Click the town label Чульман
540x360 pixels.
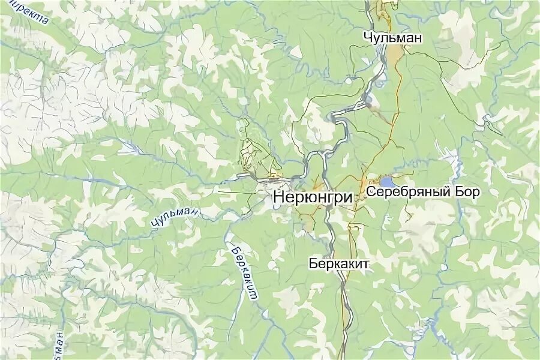click(x=392, y=38)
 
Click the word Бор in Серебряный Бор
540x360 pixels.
click(x=469, y=193)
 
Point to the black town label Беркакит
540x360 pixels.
click(x=338, y=263)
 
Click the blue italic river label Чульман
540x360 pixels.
click(x=175, y=217)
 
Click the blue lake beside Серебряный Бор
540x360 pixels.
click(x=387, y=181)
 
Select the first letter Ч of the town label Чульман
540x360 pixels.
click(x=367, y=38)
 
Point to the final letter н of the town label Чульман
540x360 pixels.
click(x=418, y=38)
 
